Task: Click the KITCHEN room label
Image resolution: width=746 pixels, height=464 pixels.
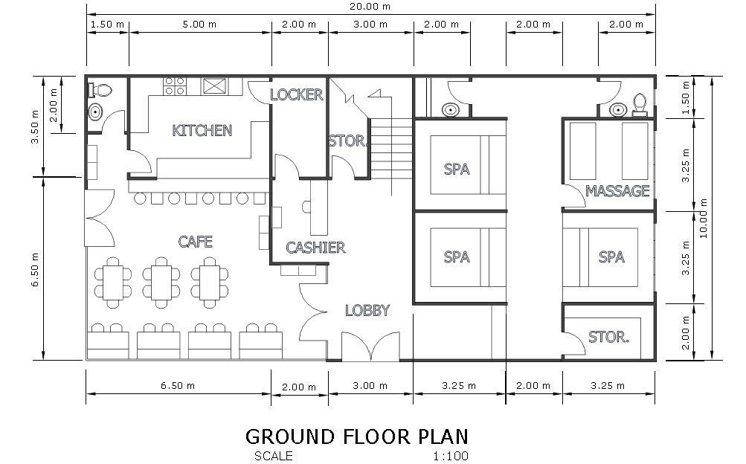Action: [x=202, y=130]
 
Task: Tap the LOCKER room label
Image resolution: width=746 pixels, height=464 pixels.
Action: [x=297, y=94]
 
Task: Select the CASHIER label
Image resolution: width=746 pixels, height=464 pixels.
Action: [x=315, y=247]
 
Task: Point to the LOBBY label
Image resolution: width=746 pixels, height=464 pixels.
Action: [x=367, y=310]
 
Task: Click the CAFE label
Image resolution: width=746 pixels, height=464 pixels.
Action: [x=195, y=242]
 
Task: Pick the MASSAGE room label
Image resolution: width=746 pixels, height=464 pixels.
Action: [x=617, y=191]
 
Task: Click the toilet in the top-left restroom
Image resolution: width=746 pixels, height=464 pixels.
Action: [x=101, y=89]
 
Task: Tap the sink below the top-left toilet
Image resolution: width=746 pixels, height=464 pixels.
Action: [x=95, y=112]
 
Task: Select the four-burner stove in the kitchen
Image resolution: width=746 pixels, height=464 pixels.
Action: [x=175, y=86]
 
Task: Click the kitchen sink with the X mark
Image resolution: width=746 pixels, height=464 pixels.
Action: [x=214, y=86]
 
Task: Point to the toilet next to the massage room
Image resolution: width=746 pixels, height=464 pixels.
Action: [x=640, y=105]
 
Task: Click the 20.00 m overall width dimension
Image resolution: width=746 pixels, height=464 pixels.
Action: [x=370, y=6]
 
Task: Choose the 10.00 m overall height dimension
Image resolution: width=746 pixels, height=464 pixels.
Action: [x=704, y=218]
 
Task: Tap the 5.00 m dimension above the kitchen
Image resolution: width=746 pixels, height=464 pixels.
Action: [x=199, y=25]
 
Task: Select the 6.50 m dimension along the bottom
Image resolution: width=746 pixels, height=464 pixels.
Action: [x=178, y=386]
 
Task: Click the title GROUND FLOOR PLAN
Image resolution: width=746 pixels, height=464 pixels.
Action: [x=357, y=436]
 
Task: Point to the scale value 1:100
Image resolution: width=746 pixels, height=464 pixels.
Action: [x=451, y=457]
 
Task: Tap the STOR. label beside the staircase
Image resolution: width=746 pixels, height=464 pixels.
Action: [x=347, y=141]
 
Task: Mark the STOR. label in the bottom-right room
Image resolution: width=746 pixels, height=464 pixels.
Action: [x=608, y=337]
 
